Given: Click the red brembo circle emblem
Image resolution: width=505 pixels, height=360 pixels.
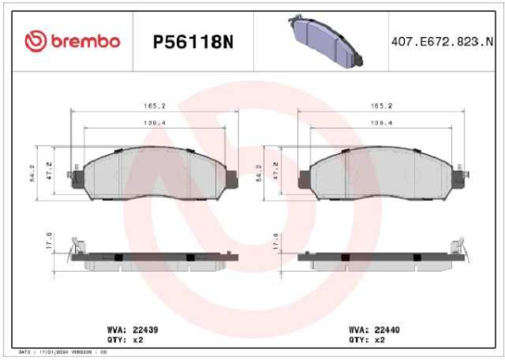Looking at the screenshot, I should [38, 40].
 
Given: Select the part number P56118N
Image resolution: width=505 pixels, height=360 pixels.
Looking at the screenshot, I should [194, 41].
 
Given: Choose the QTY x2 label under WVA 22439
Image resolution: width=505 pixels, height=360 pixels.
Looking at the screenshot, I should [129, 340].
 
